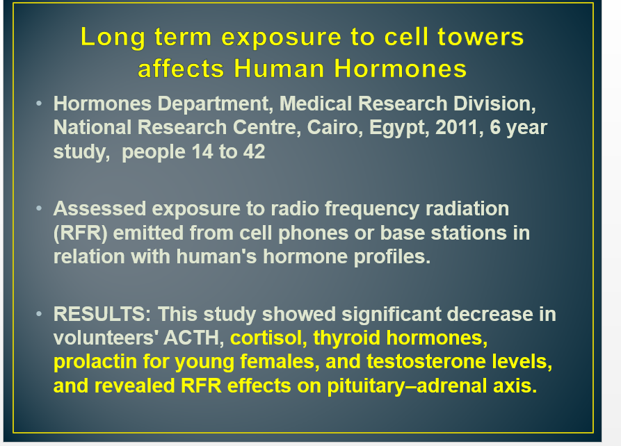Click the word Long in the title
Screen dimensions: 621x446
[113, 38]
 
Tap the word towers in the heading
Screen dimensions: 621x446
[481, 37]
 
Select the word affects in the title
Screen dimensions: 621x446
[181, 68]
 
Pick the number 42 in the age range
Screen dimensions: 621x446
[255, 151]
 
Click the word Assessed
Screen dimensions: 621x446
[100, 208]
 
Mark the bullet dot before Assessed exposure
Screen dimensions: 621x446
[39, 208]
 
